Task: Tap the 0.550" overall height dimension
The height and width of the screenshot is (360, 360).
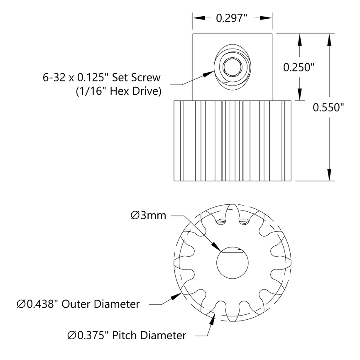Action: tap(328, 108)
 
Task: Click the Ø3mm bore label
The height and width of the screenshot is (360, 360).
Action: tap(148, 215)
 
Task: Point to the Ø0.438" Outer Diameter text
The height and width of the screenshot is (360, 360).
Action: tap(78, 304)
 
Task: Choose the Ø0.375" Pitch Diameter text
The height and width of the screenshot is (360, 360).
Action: tap(127, 335)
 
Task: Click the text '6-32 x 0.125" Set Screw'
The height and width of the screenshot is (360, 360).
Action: tap(102, 77)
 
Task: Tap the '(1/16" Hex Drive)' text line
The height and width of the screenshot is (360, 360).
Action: tap(118, 91)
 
